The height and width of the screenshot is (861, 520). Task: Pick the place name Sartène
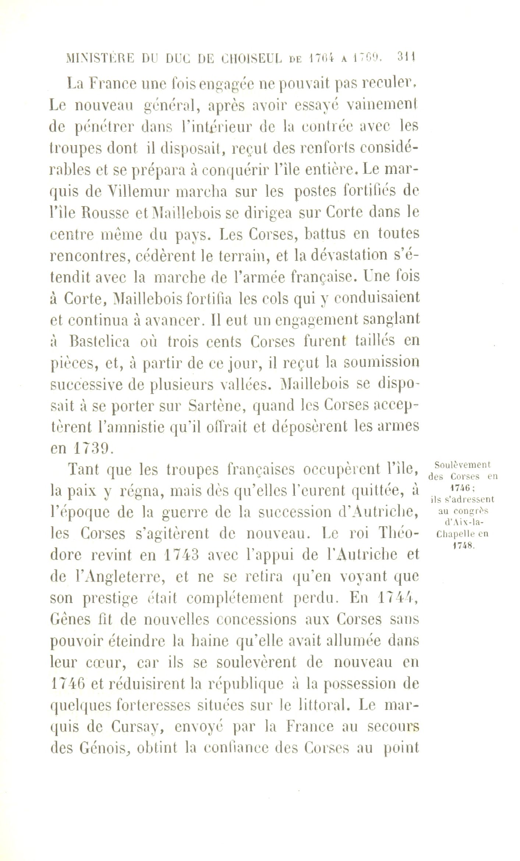point(212,406)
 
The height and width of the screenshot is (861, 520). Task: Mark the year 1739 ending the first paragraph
point(89,449)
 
